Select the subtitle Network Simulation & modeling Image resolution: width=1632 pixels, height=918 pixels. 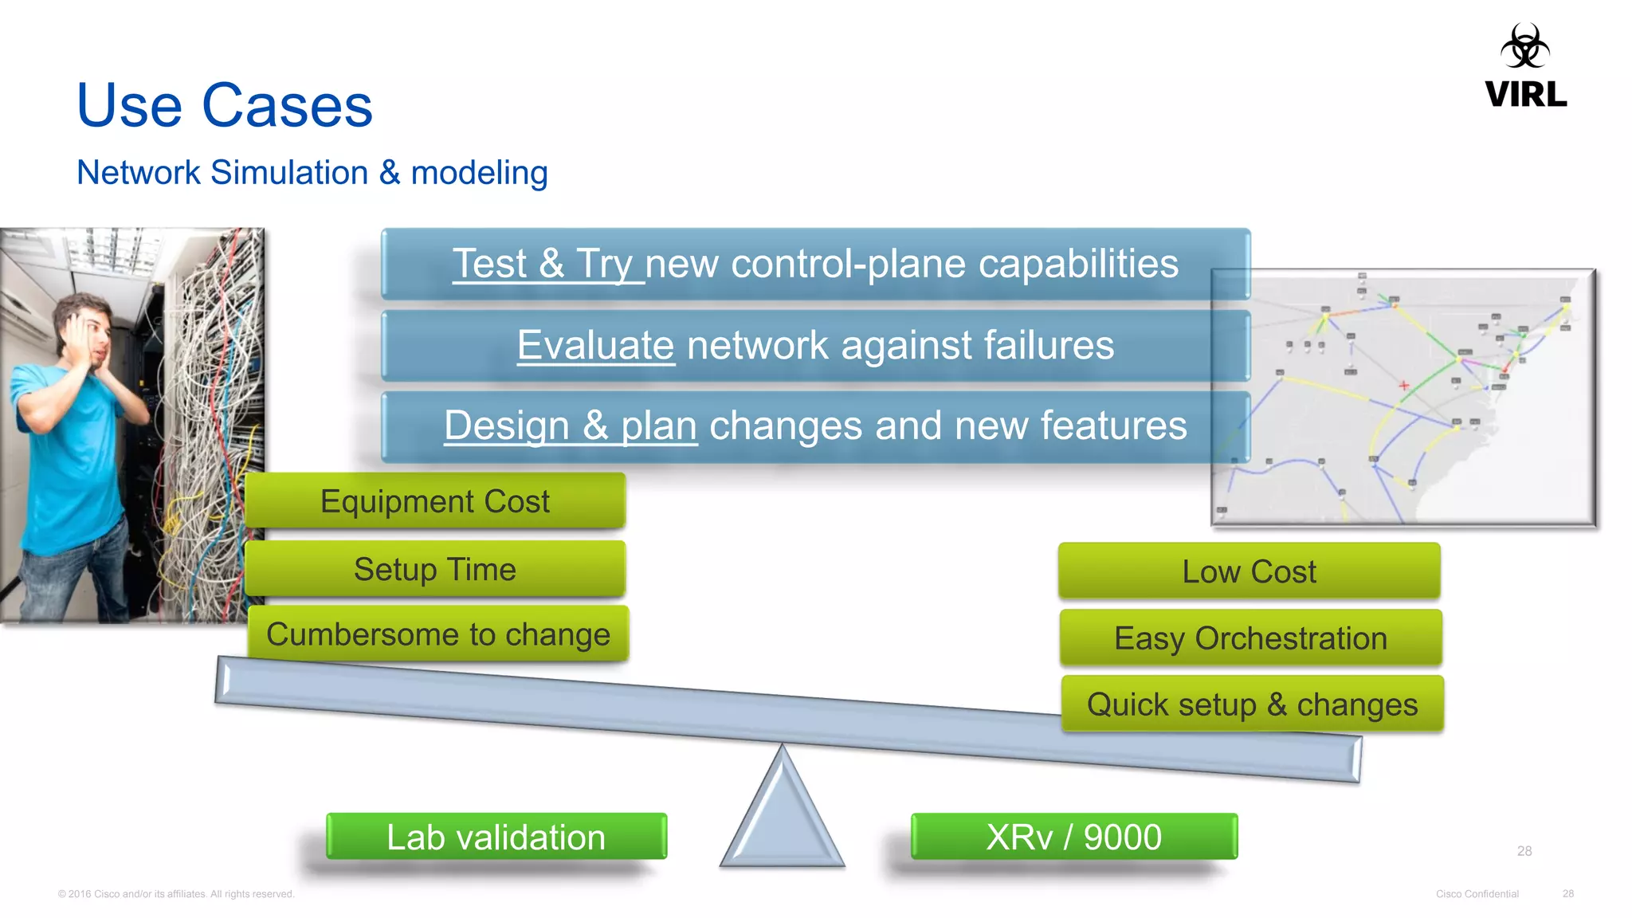coord(312,173)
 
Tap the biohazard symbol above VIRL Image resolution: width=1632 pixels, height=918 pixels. coord(1524,46)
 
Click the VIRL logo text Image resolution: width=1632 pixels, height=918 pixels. coord(1525,95)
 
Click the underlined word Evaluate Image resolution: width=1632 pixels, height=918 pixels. coord(595,346)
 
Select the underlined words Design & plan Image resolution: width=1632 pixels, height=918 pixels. coord(571,426)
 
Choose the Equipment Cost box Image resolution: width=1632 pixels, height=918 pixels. coord(435,501)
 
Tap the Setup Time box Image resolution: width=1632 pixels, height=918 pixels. coord(435,569)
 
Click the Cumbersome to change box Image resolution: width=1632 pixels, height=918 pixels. coord(437,634)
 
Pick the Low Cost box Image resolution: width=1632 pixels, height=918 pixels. coord(1249,571)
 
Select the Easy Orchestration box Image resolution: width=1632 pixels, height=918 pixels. coord(1250,638)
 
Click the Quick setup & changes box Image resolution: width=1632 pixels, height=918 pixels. coord(1252,704)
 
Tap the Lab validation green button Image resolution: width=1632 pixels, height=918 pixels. coord(496,837)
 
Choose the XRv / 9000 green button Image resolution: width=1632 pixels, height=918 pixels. coord(1073,837)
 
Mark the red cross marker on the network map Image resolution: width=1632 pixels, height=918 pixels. coord(1404,386)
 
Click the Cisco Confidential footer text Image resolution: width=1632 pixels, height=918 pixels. coord(1477,894)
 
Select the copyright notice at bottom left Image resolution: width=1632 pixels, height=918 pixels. coord(176,894)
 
